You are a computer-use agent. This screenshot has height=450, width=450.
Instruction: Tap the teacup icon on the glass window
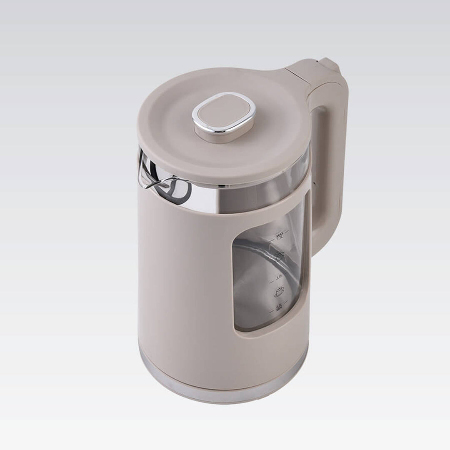(279, 292)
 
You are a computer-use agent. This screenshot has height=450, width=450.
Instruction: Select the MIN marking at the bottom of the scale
(279, 309)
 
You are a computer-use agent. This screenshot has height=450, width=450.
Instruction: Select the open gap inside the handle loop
(319, 167)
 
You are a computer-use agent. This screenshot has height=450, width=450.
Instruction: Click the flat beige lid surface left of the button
(167, 125)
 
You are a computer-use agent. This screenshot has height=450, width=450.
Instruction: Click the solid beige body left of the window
(183, 283)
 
